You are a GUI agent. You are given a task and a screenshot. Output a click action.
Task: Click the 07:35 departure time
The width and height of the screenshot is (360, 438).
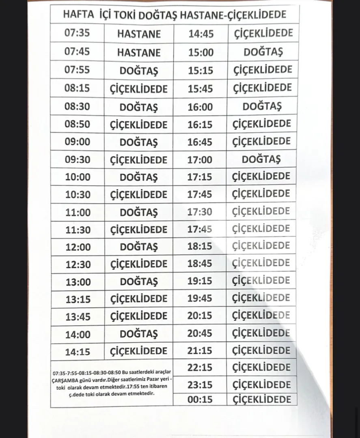point(77,33)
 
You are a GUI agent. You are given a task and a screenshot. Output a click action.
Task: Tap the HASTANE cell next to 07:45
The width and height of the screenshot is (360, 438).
point(139,52)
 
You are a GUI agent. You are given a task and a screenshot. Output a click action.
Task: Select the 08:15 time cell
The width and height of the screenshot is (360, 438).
point(77,88)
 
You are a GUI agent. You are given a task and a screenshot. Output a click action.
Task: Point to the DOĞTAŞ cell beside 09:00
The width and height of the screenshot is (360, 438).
point(139,143)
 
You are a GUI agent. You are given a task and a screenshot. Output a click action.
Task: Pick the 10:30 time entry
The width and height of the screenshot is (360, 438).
point(78,195)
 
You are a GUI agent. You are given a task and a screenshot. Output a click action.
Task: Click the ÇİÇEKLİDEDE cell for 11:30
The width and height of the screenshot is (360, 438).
point(139,230)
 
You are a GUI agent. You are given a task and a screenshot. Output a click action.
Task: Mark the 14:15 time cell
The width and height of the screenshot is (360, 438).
point(78,352)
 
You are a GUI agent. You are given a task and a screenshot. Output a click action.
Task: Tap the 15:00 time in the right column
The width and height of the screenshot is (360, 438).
point(200,52)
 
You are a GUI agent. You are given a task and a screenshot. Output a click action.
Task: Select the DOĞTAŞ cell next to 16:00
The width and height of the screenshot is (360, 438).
point(262,107)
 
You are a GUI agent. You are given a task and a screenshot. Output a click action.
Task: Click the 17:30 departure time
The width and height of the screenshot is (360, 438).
point(200,212)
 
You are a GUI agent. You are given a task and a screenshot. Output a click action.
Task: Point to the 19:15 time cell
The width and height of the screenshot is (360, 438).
point(200,281)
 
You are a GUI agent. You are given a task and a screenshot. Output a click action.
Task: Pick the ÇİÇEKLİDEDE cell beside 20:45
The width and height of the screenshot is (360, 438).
point(261,333)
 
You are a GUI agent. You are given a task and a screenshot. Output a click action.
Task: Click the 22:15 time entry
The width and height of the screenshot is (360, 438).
point(200,367)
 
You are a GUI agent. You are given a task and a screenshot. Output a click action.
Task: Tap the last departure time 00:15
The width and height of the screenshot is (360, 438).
point(200,399)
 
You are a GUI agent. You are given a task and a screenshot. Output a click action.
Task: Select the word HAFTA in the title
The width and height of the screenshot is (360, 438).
point(78,15)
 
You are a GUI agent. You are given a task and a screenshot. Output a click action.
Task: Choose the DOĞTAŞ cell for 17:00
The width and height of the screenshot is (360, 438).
point(261,159)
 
